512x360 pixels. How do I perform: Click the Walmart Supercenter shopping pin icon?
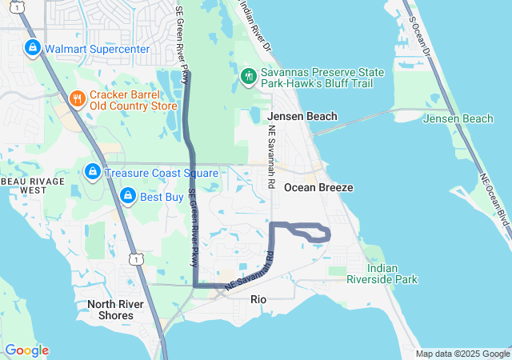32,48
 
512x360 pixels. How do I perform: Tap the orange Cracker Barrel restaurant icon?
77,98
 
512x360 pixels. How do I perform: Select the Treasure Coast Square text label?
150,172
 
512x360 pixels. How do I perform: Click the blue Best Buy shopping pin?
127,195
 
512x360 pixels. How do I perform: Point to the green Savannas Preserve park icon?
249,76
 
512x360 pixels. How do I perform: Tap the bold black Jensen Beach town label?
302,116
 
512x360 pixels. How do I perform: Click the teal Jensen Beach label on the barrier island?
458,119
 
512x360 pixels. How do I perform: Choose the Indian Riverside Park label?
382,274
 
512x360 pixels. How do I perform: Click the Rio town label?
258,299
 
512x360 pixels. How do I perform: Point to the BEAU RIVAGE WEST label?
23,186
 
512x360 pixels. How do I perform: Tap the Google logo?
26,350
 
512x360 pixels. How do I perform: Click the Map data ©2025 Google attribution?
462,354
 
